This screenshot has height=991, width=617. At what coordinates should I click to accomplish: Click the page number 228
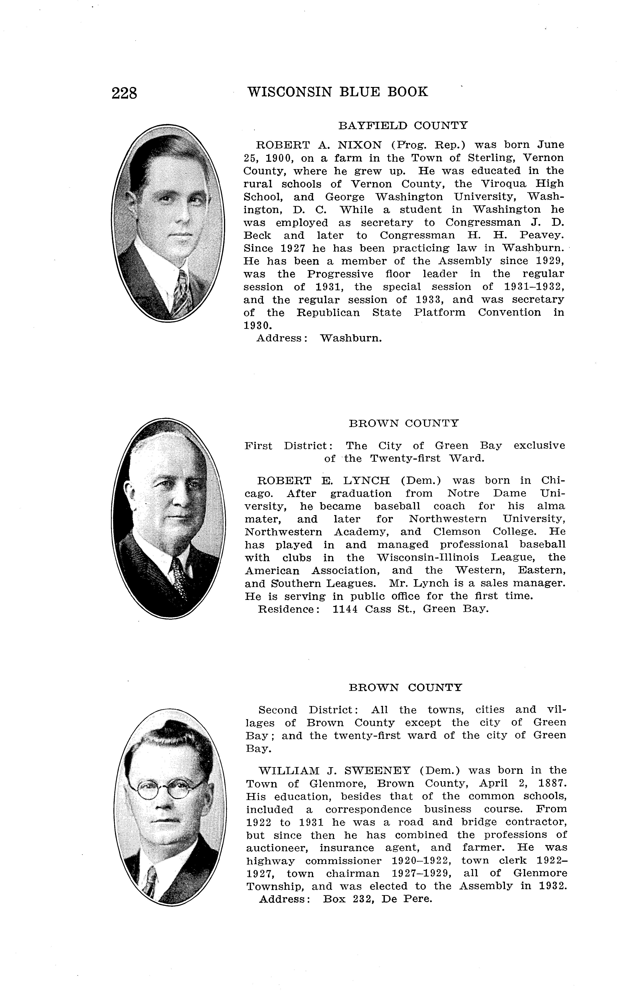124,93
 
